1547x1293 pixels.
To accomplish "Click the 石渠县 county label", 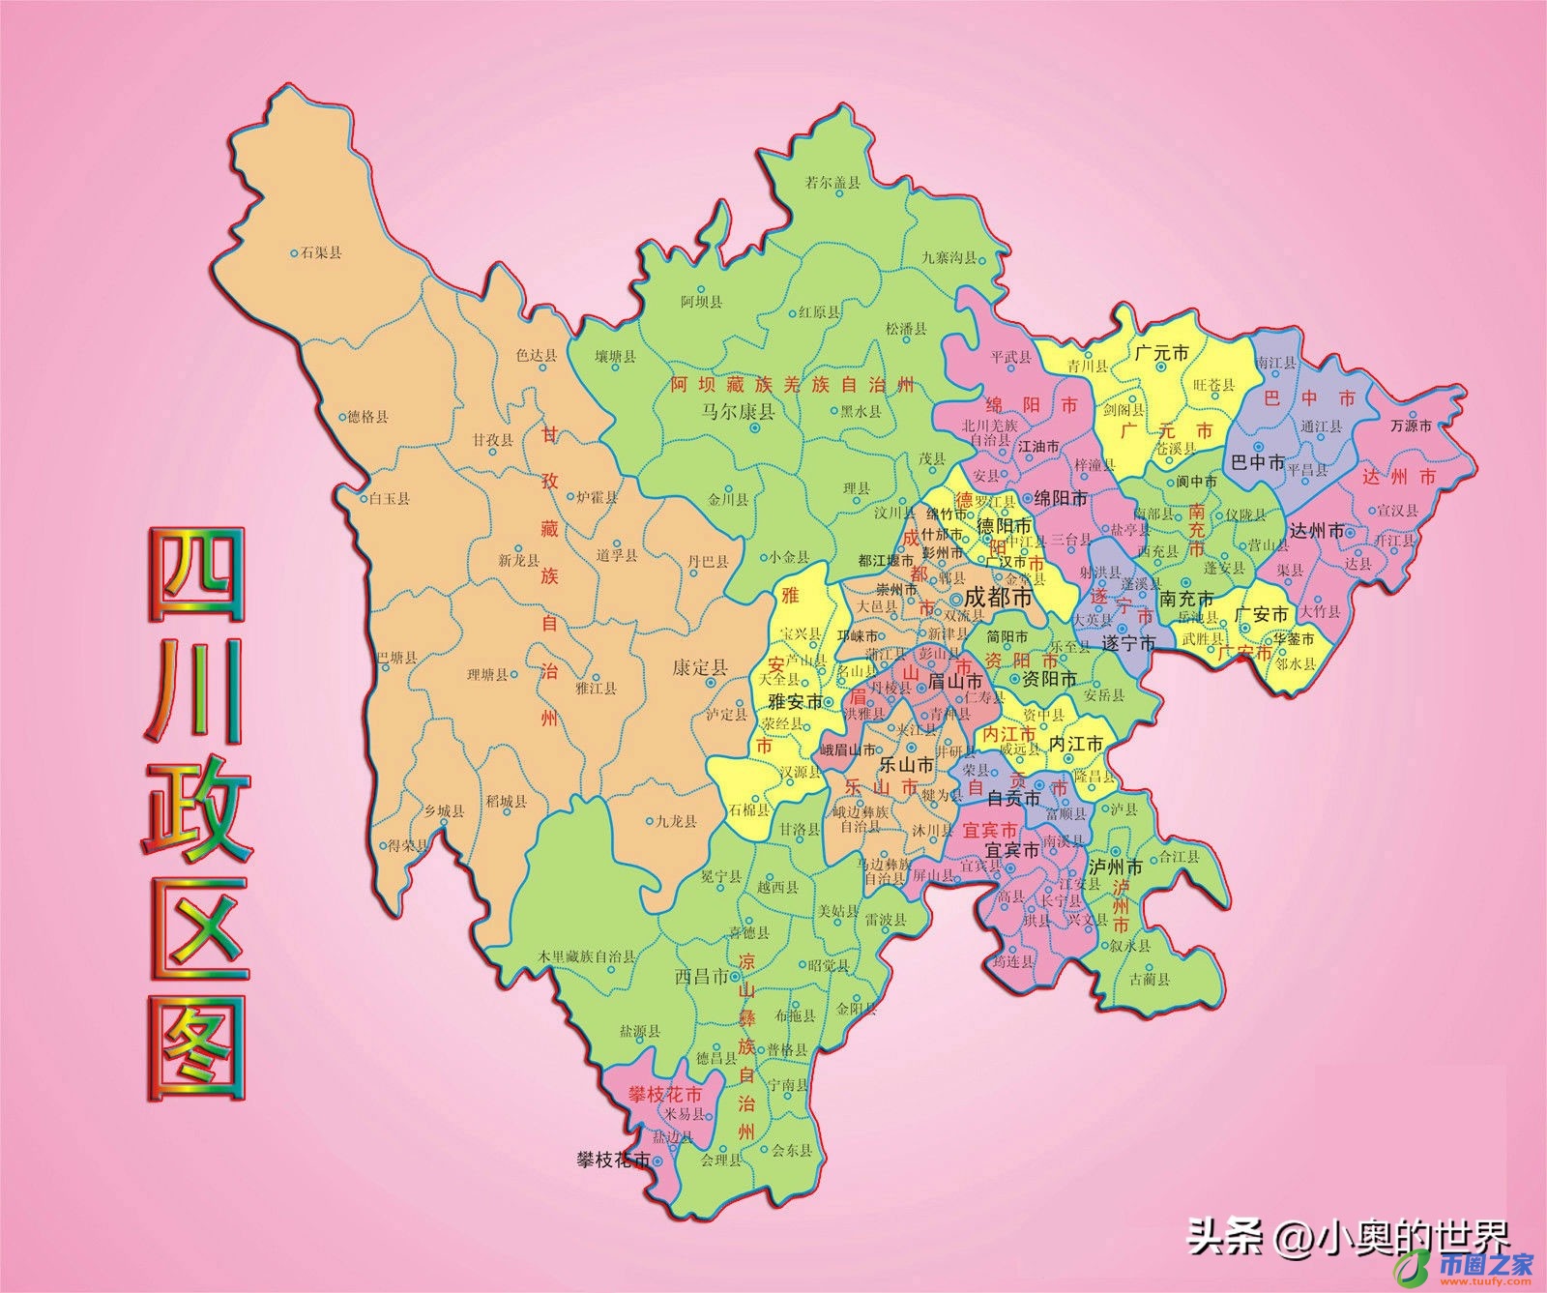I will (x=322, y=253).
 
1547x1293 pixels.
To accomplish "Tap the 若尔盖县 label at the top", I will (x=832, y=182).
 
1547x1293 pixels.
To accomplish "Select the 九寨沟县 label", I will (x=949, y=258).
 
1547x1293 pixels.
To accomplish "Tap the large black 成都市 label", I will (x=999, y=599).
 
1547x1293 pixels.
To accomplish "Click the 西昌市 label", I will (x=701, y=977).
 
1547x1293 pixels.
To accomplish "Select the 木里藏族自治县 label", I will (x=588, y=956).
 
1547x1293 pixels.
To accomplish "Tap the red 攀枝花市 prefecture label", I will (x=664, y=1095).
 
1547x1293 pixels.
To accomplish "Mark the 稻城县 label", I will (x=507, y=802).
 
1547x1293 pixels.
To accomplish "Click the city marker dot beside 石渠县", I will (x=295, y=253).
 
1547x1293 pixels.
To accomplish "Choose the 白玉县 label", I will (x=390, y=499).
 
